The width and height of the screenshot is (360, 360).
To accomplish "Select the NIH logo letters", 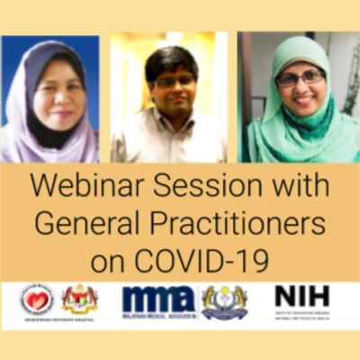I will [301, 296].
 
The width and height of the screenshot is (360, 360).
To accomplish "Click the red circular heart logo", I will [38, 299].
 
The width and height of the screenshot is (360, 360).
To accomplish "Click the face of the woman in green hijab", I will [299, 85].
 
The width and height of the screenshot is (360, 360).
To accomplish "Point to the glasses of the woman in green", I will [301, 79].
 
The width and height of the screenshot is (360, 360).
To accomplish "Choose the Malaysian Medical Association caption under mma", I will [157, 316].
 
